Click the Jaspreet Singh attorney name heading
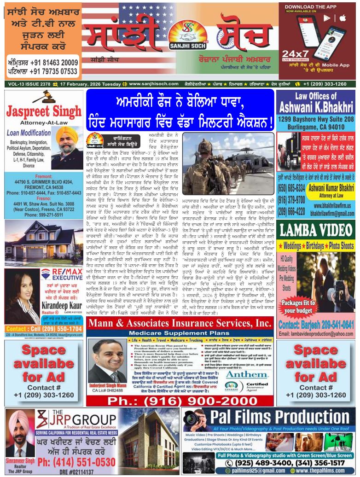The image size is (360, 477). click(44, 112)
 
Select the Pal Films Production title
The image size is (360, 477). click(269, 418)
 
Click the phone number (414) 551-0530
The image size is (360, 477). click(76, 462)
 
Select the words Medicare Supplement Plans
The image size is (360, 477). click(180, 332)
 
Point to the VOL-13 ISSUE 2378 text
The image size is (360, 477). click(28, 84)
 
